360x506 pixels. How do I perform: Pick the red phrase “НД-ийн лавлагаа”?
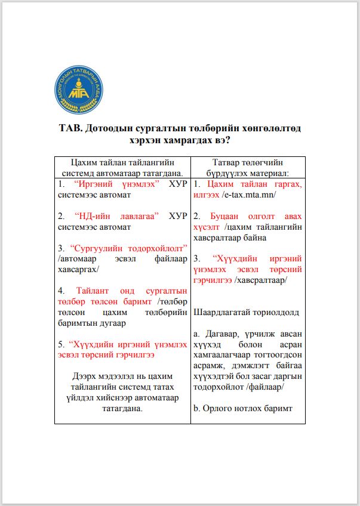116,216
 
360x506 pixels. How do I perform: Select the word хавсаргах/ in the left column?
77,269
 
